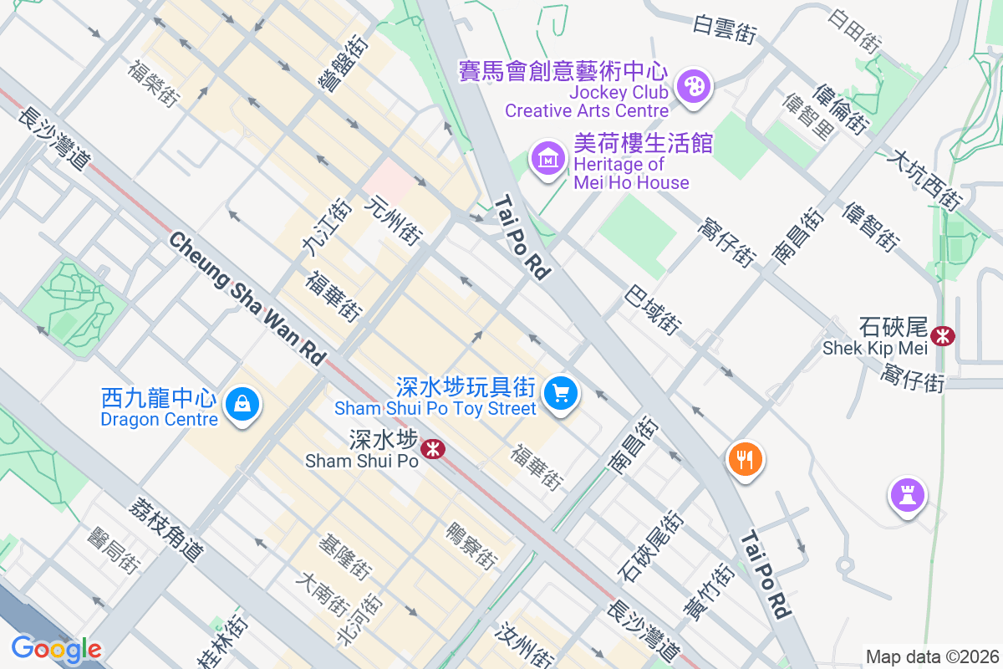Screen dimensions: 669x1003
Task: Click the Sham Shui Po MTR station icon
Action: point(433,449)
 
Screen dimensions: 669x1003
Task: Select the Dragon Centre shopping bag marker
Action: point(242,405)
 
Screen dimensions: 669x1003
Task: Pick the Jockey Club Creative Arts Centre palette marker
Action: point(692,85)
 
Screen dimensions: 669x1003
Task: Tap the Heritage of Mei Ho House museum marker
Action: point(547,156)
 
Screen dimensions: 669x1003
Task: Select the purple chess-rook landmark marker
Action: point(908,495)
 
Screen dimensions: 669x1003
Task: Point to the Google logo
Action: point(56,649)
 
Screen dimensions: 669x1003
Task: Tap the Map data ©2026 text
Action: point(932,656)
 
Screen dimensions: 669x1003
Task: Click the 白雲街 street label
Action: point(725,29)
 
